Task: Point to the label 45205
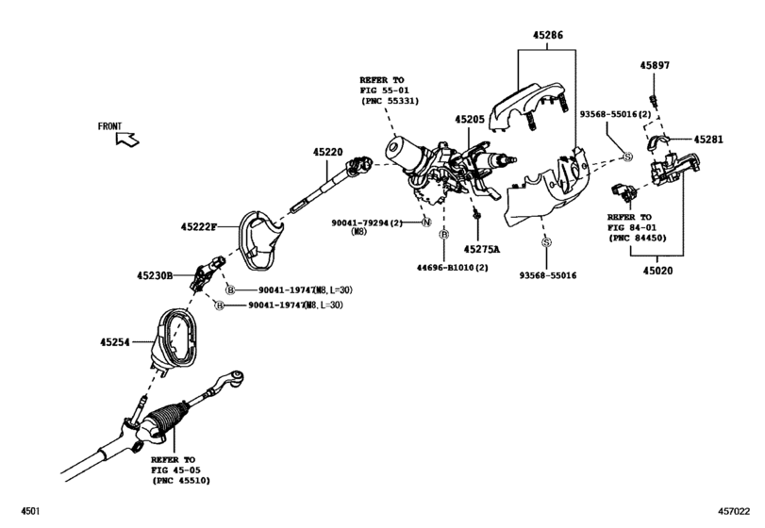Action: tap(469, 120)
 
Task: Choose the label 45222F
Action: tap(199, 226)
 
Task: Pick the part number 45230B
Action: tap(157, 275)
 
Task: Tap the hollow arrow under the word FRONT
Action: tap(125, 140)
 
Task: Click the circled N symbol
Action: tap(426, 222)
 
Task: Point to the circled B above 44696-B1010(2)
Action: tap(443, 233)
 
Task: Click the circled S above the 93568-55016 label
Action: tap(545, 243)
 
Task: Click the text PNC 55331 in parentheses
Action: tap(390, 101)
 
